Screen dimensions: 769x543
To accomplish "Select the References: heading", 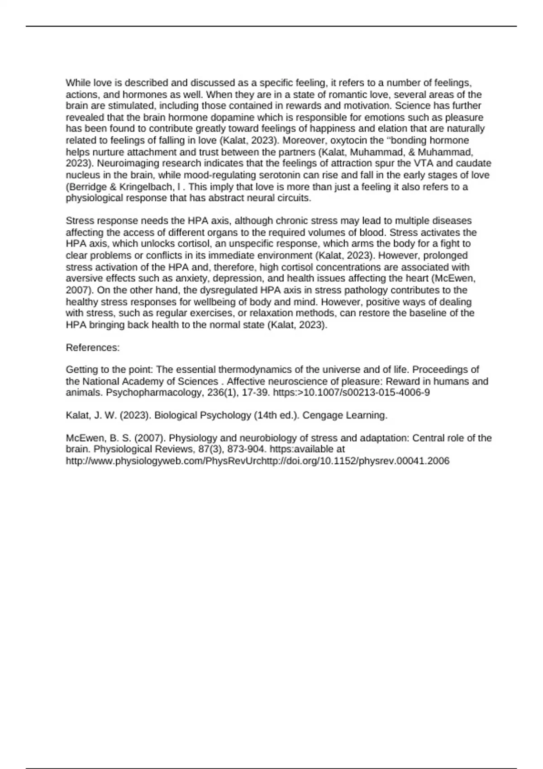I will [93, 347].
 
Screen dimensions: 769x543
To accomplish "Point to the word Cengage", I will [322, 415].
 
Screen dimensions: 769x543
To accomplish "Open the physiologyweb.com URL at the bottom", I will [257, 461].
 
